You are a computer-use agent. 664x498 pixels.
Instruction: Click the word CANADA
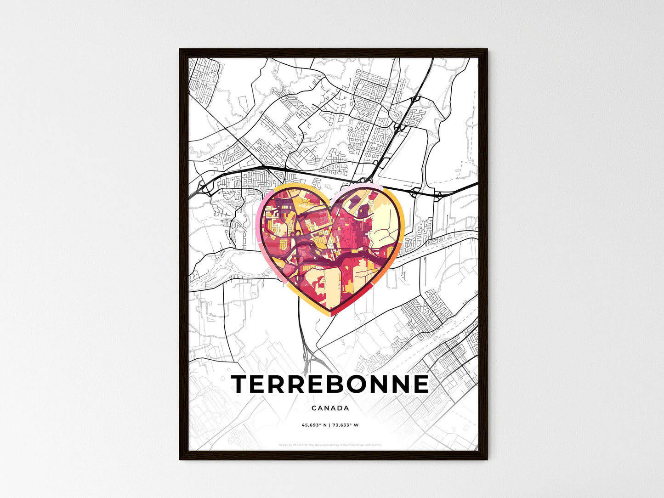coord(330,408)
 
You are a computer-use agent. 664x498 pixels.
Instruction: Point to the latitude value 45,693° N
coord(314,425)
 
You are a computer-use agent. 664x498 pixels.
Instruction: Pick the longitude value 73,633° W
coord(346,425)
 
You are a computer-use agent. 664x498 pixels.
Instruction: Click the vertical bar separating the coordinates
coord(330,425)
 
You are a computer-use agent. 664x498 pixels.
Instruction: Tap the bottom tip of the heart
coord(330,316)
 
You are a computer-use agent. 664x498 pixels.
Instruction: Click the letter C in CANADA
coord(313,408)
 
